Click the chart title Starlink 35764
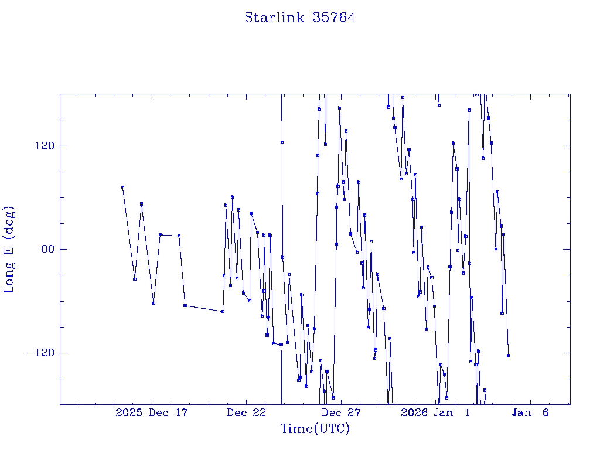coord(300,18)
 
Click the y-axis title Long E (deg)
coord(10,249)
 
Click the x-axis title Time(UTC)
coord(315,429)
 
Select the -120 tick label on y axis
coord(40,353)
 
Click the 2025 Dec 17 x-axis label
coord(152,413)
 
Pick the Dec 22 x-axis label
coord(247,413)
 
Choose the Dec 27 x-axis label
coord(342,413)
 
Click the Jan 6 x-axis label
coord(530,413)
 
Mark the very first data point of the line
coord(122,187)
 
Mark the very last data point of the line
coord(508,356)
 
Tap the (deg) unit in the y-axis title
coord(10,224)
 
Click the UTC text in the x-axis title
coord(329,429)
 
